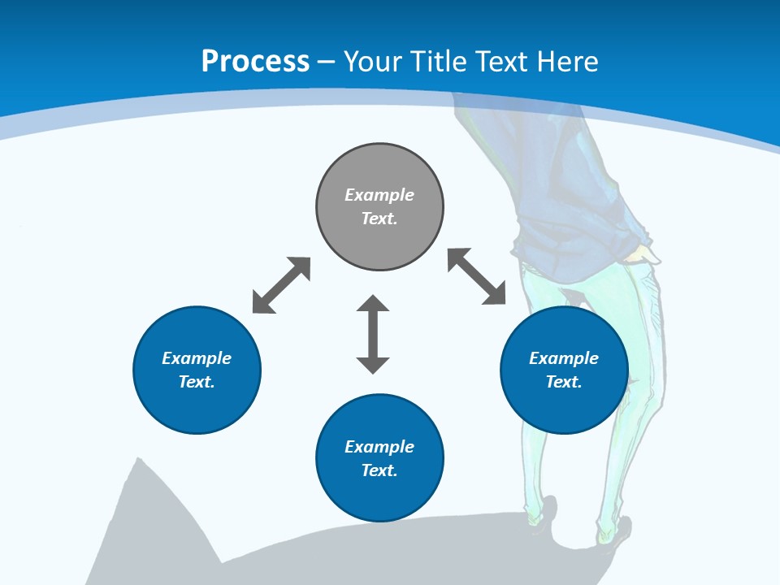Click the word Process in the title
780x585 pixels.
click(x=255, y=62)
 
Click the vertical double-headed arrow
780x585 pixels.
click(x=373, y=334)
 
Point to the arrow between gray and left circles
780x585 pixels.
click(x=281, y=285)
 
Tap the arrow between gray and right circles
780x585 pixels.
click(x=477, y=276)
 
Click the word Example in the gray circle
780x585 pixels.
click(x=379, y=195)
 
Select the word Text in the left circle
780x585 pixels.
click(x=197, y=382)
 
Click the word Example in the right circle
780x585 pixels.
click(x=564, y=358)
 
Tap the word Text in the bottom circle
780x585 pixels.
click(x=379, y=470)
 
